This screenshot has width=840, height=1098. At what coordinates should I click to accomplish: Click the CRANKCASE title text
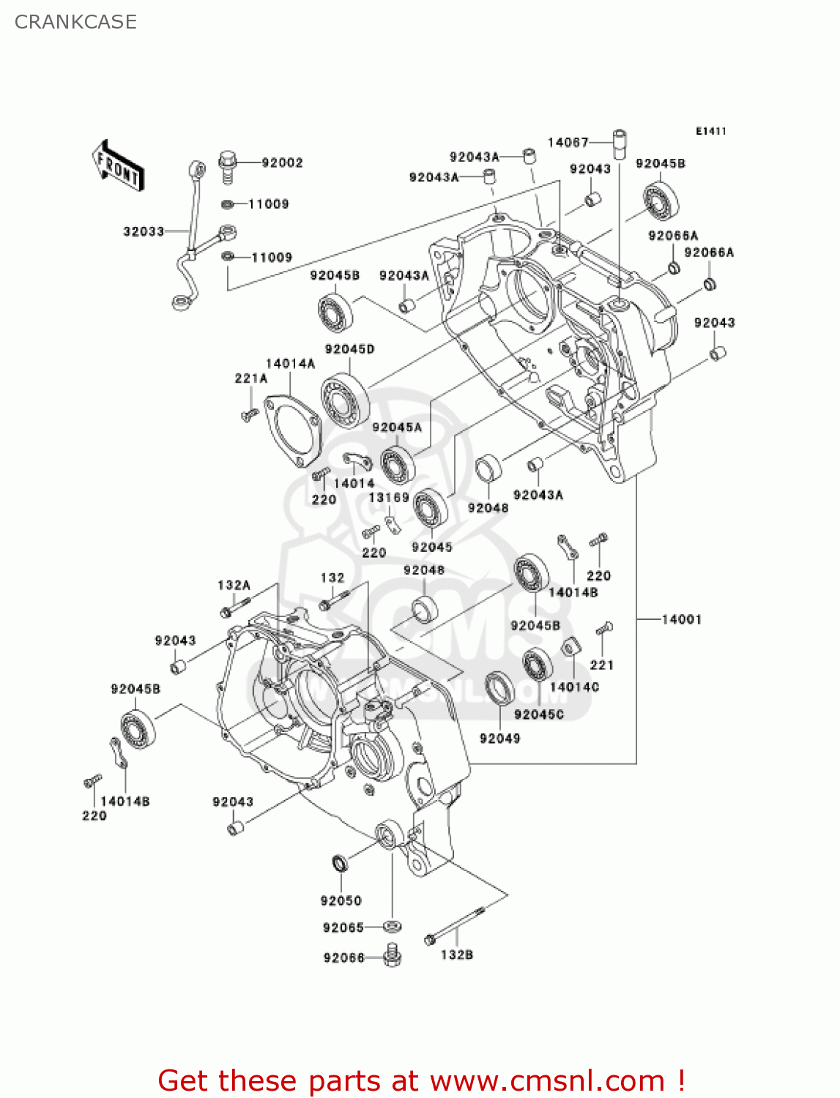75,22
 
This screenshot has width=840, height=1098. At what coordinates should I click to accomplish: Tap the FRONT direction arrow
117,166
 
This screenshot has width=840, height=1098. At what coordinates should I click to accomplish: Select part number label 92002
282,163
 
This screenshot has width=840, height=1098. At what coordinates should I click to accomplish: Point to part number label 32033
144,231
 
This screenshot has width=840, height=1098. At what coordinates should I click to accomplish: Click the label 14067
568,142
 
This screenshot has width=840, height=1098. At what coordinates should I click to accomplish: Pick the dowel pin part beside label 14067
620,143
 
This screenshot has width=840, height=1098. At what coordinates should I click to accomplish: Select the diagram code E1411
710,131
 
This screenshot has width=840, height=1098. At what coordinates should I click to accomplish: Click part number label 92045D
349,349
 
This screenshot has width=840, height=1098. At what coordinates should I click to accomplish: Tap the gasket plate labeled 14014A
291,432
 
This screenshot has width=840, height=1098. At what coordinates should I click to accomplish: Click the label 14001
681,619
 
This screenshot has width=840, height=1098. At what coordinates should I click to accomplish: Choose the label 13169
389,498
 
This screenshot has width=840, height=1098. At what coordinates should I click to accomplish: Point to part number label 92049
499,738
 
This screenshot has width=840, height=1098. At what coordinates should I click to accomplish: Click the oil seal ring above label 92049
499,688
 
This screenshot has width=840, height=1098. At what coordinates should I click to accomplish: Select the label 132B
456,955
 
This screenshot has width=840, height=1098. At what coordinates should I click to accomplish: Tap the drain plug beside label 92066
392,956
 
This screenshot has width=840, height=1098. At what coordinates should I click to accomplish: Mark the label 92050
341,900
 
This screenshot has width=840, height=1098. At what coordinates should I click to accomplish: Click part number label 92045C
538,714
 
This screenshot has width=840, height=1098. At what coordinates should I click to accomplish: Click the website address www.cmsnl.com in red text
546,1080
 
